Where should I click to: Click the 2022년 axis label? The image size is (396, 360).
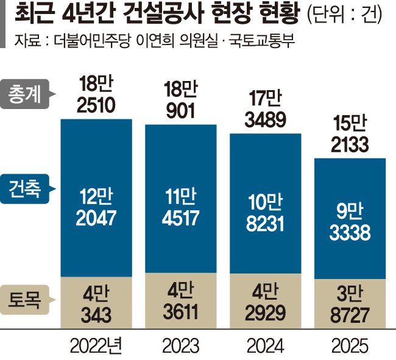(96, 346)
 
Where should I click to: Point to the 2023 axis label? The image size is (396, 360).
(180, 346)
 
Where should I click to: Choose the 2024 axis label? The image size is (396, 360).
(264, 346)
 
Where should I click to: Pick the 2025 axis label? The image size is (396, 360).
(349, 346)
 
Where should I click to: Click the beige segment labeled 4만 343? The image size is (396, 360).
(96, 303)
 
